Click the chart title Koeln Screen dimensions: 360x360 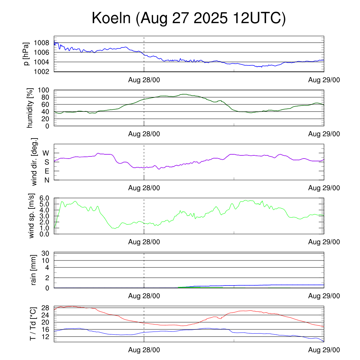point(188,18)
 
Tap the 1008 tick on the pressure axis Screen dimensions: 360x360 point(42,43)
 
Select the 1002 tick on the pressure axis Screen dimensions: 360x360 point(42,72)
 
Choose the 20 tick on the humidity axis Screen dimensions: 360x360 point(46,119)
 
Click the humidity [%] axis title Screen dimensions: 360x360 point(31,108)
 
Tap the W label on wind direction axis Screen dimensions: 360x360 point(46,153)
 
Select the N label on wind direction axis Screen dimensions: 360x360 point(46,180)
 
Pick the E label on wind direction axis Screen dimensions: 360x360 point(46,171)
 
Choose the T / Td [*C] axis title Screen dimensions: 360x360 point(33,323)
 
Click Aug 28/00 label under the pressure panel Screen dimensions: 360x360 point(144,80)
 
